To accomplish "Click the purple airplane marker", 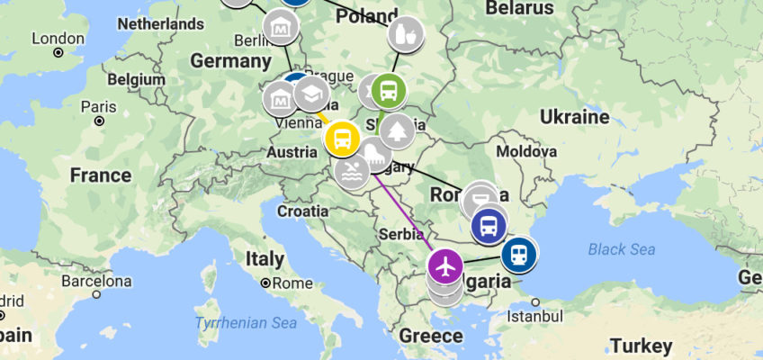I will coord(444,265).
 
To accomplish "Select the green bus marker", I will coord(389,90).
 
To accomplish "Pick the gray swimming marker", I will coord(350,169).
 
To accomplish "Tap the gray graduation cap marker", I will coord(311,93).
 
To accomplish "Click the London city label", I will coord(58,39).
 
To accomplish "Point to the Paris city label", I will coord(99,106).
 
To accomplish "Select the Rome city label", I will coord(289,283).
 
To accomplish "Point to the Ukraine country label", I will coord(574,117).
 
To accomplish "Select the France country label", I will coord(101,174).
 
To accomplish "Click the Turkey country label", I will coord(641,346).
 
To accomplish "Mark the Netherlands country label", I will coord(161,23).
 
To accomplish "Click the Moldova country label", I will coord(526,151).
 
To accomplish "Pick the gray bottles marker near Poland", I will coord(407,34).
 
